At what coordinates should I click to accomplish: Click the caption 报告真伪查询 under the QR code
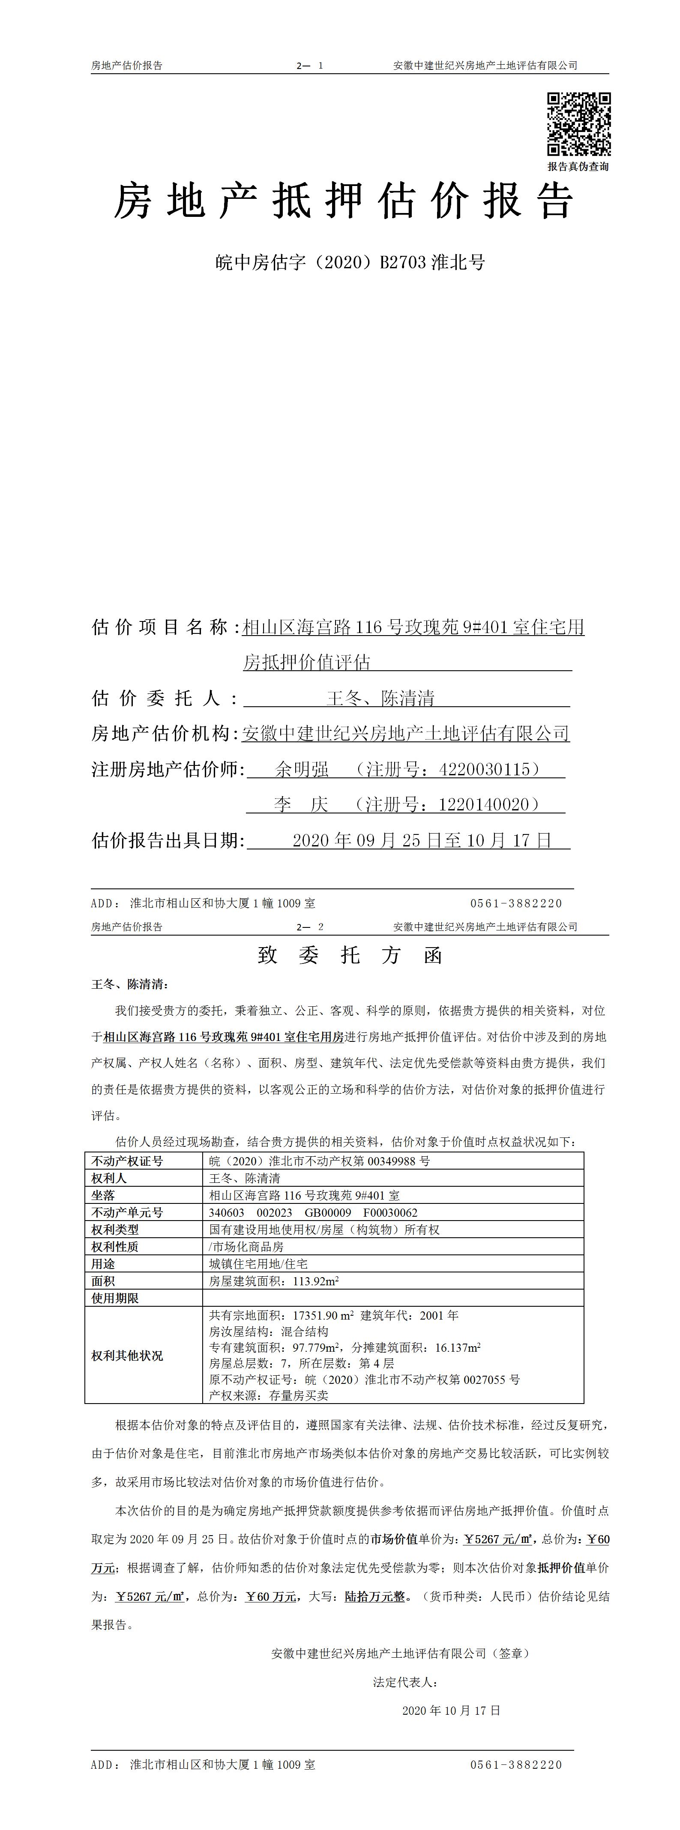(578, 166)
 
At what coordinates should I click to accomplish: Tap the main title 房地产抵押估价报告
(344, 201)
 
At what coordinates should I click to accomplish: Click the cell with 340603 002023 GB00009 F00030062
(313, 1213)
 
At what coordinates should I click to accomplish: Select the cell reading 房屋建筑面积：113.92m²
(273, 1281)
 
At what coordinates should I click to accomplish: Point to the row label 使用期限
(115, 1298)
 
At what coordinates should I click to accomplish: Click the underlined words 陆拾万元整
(374, 1596)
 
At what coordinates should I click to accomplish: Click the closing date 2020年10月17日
(451, 1711)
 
